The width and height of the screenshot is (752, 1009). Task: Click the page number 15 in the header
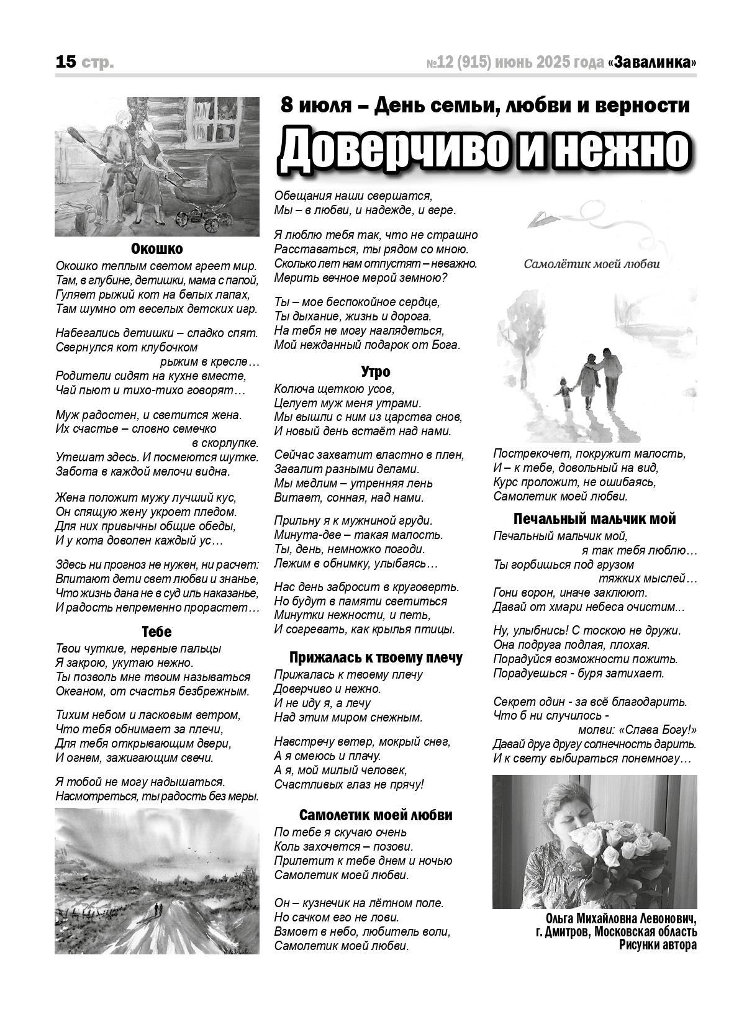[66, 62]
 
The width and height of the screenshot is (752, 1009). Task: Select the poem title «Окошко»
[157, 249]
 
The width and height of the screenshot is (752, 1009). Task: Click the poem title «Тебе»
[156, 631]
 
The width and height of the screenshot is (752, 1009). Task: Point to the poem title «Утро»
[375, 372]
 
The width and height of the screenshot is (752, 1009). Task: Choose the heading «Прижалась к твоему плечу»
[376, 658]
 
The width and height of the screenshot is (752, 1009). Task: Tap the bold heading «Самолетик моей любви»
[376, 815]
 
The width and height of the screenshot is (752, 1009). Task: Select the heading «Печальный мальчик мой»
[594, 519]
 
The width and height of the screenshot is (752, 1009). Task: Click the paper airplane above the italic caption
[543, 219]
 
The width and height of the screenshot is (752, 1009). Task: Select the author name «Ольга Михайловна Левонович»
[621, 918]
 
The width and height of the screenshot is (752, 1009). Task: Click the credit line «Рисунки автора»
[658, 945]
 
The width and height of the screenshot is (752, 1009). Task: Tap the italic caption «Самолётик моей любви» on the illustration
[591, 264]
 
